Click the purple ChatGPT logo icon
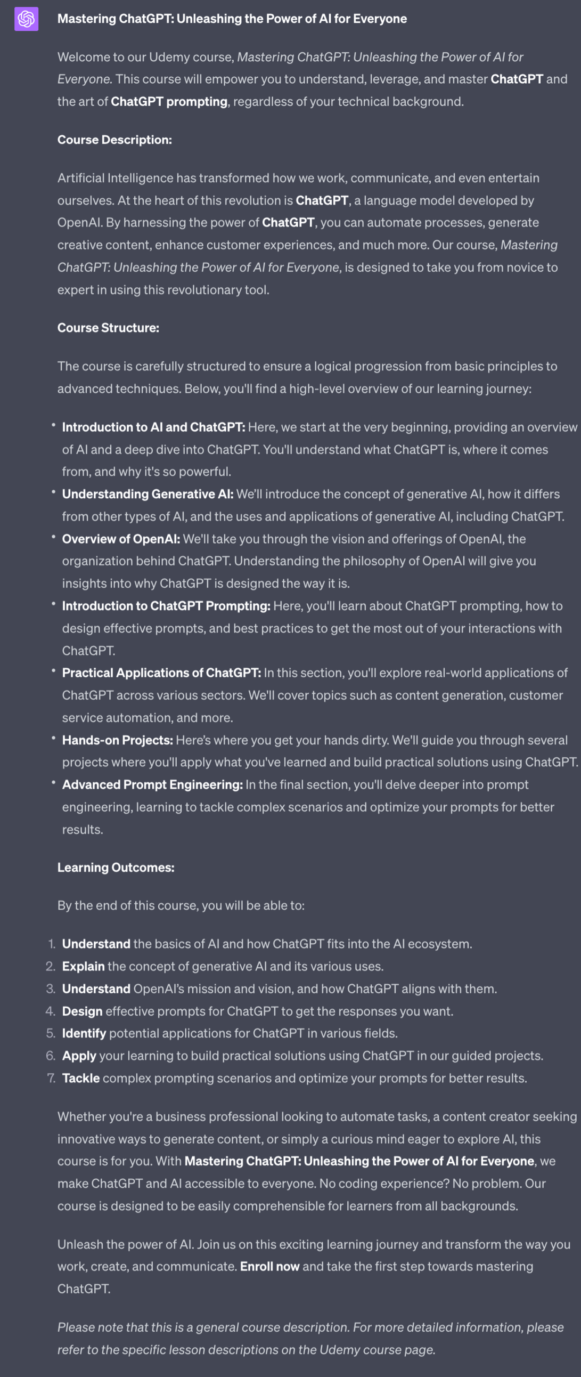pyautogui.click(x=26, y=19)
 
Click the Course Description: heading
pyautogui.click(x=114, y=140)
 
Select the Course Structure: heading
pyautogui.click(x=108, y=328)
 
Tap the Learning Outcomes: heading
pyautogui.click(x=116, y=868)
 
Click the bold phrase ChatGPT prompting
pyautogui.click(x=169, y=102)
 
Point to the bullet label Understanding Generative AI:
pyautogui.click(x=148, y=494)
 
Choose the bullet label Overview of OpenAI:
pyautogui.click(x=121, y=539)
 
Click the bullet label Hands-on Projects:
pyautogui.click(x=118, y=740)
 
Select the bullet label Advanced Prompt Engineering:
pyautogui.click(x=152, y=785)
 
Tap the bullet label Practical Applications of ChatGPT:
pyautogui.click(x=161, y=673)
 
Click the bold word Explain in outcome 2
pyautogui.click(x=83, y=967)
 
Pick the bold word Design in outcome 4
pyautogui.click(x=82, y=1011)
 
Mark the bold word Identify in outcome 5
pyautogui.click(x=84, y=1033)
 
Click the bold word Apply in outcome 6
pyautogui.click(x=79, y=1056)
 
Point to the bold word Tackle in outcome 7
pyautogui.click(x=80, y=1078)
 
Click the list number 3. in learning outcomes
pyautogui.click(x=51, y=989)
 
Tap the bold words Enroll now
pyautogui.click(x=269, y=1266)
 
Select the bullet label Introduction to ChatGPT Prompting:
pyautogui.click(x=166, y=606)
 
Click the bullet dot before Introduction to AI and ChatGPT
pyautogui.click(x=53, y=425)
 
